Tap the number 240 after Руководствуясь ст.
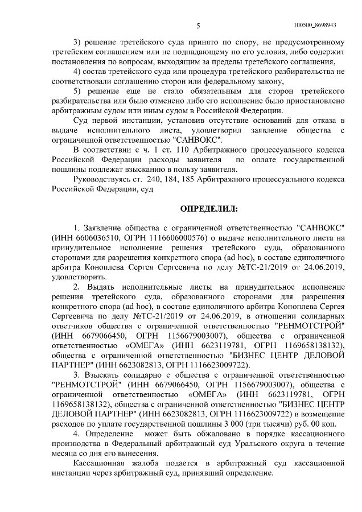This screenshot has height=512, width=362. click(x=147, y=178)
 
